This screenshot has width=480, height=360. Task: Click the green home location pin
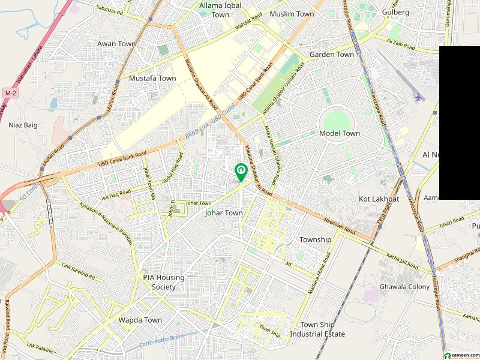point(241,172)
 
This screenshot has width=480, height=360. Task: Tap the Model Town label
point(340,133)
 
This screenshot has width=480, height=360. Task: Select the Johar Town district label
point(224,213)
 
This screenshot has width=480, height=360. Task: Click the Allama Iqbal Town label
point(214,10)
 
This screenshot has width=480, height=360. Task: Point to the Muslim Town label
point(292,14)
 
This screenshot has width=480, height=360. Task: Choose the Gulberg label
point(395,12)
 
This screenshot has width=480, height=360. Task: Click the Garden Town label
point(332,55)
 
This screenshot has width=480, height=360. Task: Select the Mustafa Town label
point(152,79)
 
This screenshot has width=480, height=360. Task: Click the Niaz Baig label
point(23,125)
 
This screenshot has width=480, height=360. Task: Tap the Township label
point(315,239)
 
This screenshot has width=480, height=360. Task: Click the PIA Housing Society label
point(163,282)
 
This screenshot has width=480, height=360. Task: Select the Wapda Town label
point(140,320)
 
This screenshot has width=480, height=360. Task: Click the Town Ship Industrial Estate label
point(317,329)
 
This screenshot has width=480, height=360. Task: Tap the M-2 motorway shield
point(10,93)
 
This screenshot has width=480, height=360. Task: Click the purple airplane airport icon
point(418,97)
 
